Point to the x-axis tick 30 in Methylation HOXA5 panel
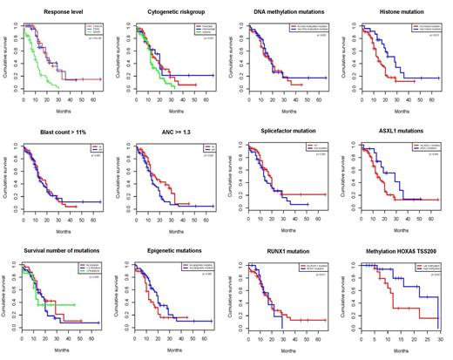point(444,335)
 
